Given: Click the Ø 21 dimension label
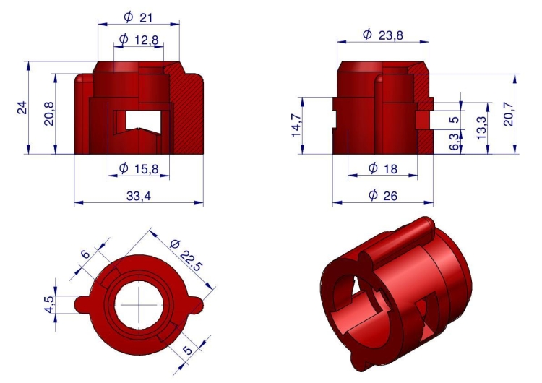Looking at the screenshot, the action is (138, 17).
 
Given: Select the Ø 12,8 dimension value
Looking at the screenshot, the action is (139, 40).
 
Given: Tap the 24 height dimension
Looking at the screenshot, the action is (22, 108).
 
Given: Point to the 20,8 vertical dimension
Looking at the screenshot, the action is (48, 113).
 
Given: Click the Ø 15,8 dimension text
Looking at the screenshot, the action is (139, 168).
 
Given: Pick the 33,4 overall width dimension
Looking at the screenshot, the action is (139, 196).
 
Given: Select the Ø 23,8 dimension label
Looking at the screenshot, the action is (382, 35).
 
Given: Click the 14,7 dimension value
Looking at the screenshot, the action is (296, 125).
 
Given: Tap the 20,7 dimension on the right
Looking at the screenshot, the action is (509, 114).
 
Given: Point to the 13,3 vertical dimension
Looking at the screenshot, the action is (481, 128).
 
